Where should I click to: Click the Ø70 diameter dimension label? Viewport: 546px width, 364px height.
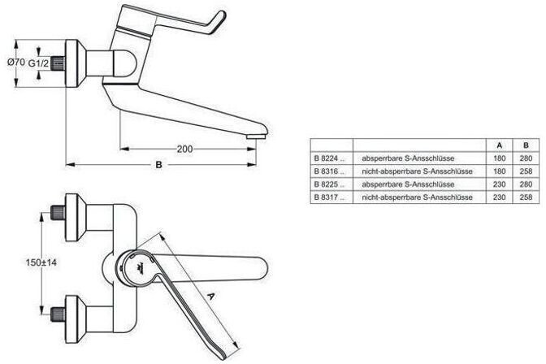coord(16,63)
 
